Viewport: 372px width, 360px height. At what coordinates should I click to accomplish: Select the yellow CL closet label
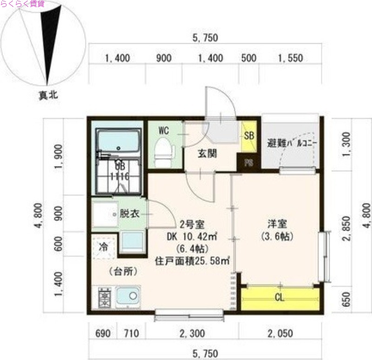279,298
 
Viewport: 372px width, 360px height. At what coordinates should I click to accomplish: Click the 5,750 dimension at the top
205,39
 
